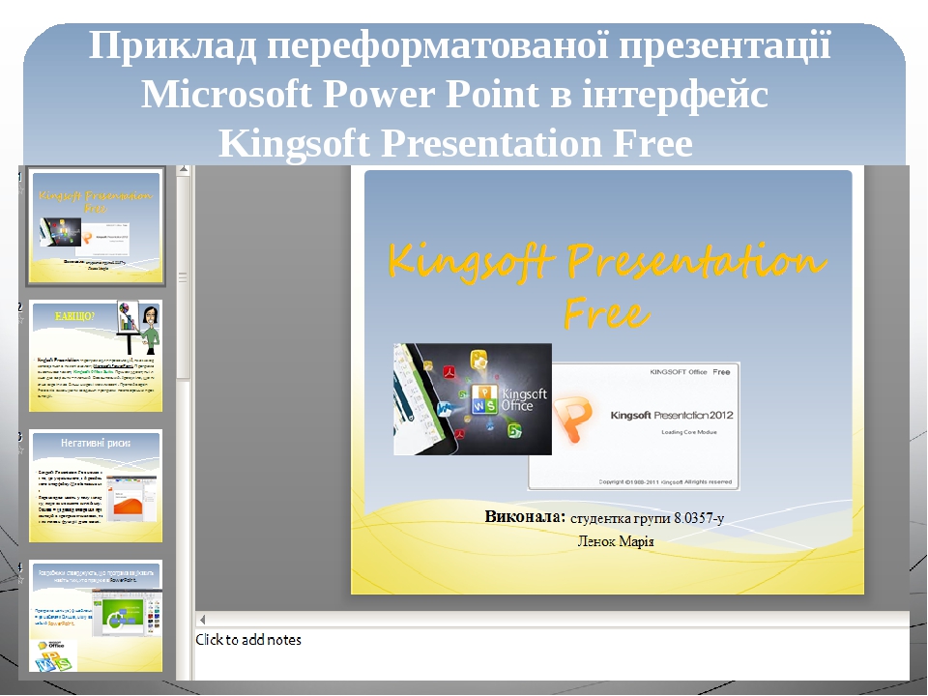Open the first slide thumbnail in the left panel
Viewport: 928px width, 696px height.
click(x=95, y=226)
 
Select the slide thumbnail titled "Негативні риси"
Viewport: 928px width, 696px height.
click(x=95, y=485)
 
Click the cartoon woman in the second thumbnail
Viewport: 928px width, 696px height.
click(x=150, y=325)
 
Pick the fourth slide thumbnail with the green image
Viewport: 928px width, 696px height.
click(x=95, y=615)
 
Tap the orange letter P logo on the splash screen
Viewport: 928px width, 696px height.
click(x=574, y=415)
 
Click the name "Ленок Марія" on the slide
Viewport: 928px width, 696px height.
click(x=615, y=541)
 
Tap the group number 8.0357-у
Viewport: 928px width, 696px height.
click(x=692, y=518)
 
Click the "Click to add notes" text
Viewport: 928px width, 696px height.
click(x=249, y=640)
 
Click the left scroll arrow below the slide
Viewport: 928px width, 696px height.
click(x=203, y=619)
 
